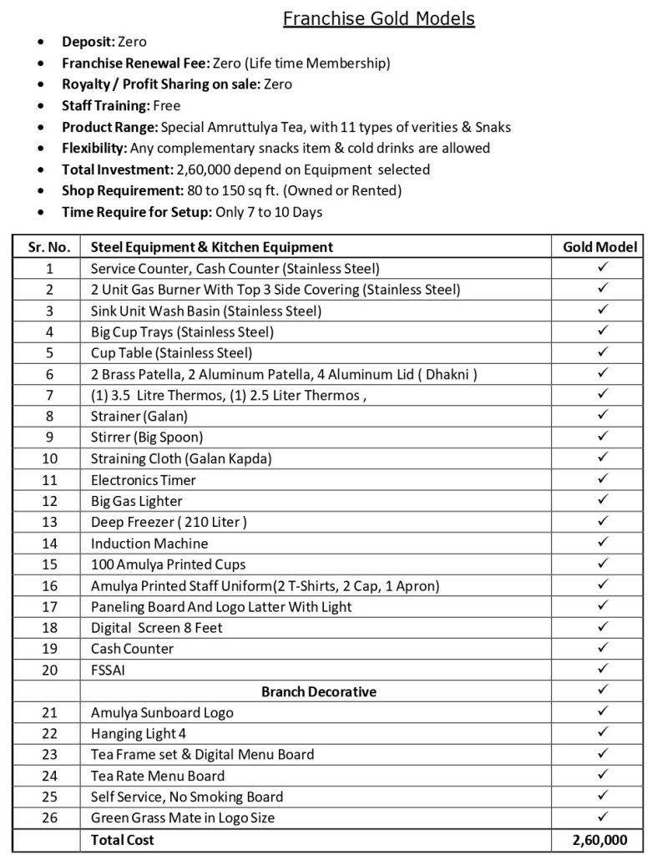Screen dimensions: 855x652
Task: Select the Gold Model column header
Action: [x=600, y=246]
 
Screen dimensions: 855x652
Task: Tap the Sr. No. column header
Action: [x=49, y=246]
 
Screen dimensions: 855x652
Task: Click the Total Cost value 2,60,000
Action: [x=600, y=840]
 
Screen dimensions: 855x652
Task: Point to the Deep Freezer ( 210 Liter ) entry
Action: [x=169, y=522]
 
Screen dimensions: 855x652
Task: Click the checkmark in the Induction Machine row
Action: [x=602, y=543]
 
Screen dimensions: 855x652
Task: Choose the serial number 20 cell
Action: [x=49, y=670]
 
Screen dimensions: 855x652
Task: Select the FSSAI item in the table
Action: [x=107, y=670]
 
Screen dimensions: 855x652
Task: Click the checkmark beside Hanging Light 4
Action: [x=602, y=733]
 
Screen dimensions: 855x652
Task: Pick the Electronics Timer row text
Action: [x=144, y=479]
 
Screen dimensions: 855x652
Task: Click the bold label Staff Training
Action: [x=105, y=106]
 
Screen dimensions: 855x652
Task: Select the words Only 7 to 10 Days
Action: [x=269, y=211]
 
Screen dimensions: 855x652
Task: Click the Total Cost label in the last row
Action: [x=122, y=840]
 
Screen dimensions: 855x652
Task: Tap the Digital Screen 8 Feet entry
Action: [x=157, y=627]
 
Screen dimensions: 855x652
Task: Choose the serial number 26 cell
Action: [x=49, y=817]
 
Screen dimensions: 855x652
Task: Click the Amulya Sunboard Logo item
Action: [x=162, y=712]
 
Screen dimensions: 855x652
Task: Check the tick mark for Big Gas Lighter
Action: [x=602, y=500]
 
